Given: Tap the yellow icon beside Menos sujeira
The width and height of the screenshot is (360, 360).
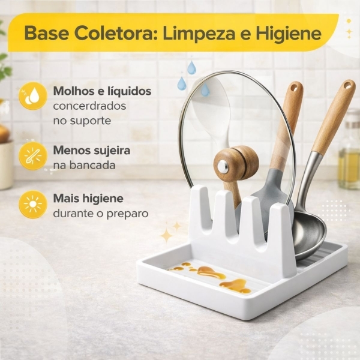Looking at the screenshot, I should [32, 155].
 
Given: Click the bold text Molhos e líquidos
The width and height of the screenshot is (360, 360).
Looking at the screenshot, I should [101, 91].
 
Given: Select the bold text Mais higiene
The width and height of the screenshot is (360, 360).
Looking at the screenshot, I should [88, 199].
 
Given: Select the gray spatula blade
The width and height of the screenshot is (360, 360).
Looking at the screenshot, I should [270, 192].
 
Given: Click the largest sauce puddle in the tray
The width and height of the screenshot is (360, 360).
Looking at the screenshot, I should [235, 286].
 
